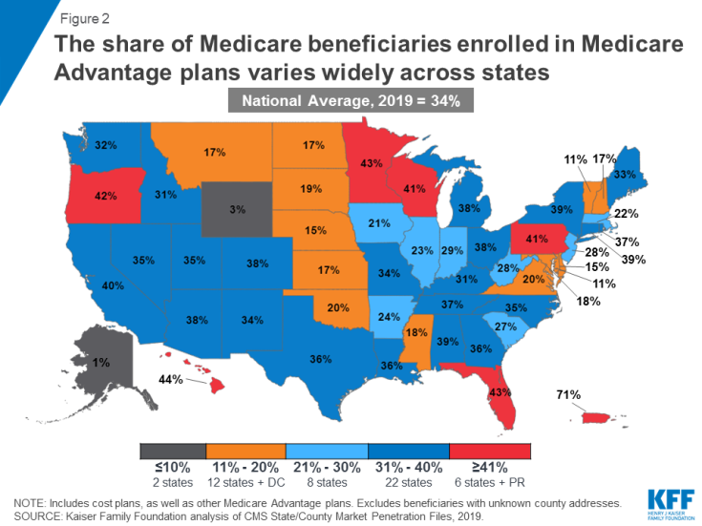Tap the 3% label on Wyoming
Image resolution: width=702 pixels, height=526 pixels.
(x=234, y=208)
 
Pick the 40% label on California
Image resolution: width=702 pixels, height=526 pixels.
(x=112, y=284)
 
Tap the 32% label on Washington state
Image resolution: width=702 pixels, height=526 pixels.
(x=105, y=146)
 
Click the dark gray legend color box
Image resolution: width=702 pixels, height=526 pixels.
(x=173, y=451)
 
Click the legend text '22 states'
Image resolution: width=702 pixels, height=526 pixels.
(x=408, y=483)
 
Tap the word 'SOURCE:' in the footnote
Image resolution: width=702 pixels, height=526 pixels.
(x=41, y=515)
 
